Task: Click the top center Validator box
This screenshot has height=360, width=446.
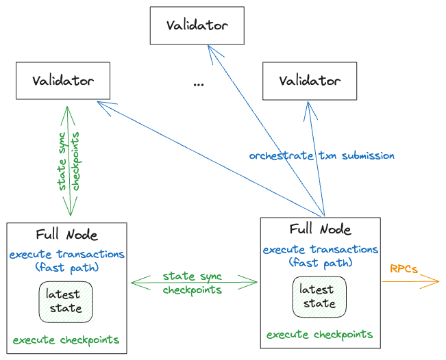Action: (x=197, y=25)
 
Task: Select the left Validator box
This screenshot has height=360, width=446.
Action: (x=63, y=79)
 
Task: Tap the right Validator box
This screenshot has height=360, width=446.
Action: (x=310, y=80)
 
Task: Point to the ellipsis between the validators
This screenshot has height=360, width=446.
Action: (x=199, y=84)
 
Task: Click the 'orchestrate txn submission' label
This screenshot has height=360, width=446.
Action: (x=321, y=155)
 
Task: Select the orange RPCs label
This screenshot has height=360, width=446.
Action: (x=404, y=269)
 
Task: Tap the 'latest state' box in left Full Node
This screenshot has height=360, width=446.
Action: (x=65, y=301)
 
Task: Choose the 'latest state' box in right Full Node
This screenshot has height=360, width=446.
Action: (x=318, y=296)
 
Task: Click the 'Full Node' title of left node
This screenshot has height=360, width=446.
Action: (x=66, y=235)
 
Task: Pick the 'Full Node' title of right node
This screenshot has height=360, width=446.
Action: (x=321, y=229)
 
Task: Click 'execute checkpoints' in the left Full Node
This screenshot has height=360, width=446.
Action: (x=66, y=339)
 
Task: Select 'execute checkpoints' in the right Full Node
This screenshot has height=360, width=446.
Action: (x=320, y=335)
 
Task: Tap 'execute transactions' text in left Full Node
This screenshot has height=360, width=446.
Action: (x=67, y=255)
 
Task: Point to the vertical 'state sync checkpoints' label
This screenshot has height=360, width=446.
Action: (x=70, y=161)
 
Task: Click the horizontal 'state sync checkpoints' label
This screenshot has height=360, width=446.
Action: (x=193, y=283)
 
